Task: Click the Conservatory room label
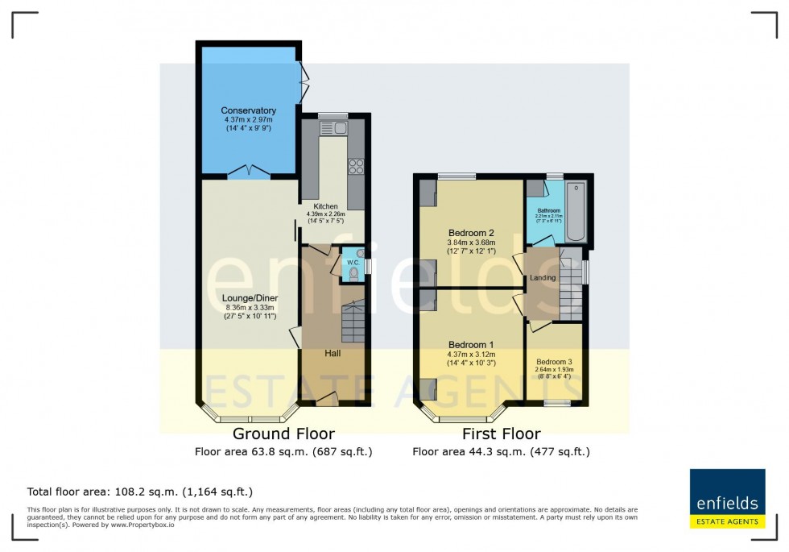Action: click(249, 110)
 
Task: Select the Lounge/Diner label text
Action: click(250, 297)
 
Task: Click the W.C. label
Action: click(353, 262)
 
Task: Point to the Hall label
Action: click(333, 353)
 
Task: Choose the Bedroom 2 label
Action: click(471, 232)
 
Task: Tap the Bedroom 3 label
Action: click(555, 362)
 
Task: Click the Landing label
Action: click(542, 278)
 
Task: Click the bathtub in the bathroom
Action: click(576, 214)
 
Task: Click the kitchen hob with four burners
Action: click(355, 167)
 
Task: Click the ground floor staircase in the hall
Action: click(352, 321)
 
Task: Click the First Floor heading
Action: click(501, 434)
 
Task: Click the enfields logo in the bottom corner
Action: click(727, 498)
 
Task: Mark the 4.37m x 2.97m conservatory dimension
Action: click(249, 120)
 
